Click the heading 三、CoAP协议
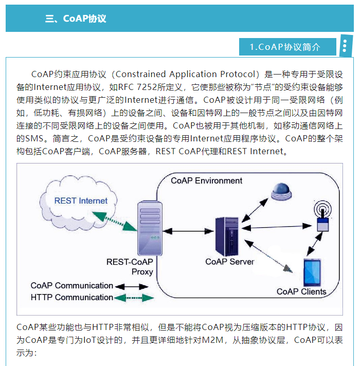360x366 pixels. [76, 19]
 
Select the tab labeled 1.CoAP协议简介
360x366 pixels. [285, 47]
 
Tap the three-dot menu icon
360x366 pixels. [345, 46]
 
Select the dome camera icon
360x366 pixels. [283, 190]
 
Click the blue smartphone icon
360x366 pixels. [312, 272]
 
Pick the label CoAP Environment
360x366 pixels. [206, 181]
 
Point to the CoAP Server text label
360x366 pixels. [229, 262]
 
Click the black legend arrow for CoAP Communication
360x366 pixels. [127, 286]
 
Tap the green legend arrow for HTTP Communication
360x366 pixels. [134, 298]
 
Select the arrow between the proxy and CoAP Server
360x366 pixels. [185, 232]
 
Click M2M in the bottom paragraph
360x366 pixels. [214, 340]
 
